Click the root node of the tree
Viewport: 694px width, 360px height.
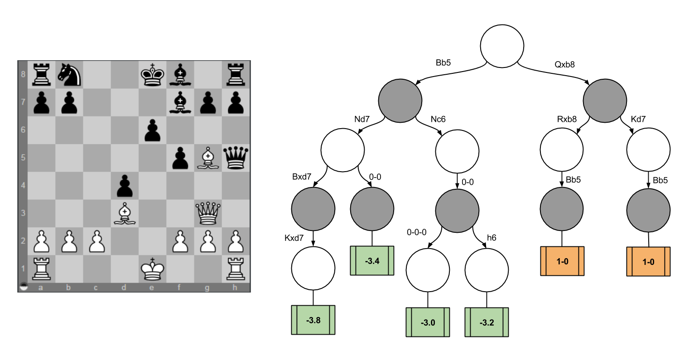(502, 46)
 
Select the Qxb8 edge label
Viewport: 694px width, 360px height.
(564, 64)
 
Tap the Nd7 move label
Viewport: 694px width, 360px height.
(362, 120)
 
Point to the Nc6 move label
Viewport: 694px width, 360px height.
(438, 120)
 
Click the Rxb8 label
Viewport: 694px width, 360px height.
(567, 120)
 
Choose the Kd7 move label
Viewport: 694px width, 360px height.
(638, 120)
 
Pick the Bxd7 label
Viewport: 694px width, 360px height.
(302, 177)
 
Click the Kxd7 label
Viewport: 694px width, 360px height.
(294, 238)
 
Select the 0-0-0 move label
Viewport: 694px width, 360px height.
(417, 232)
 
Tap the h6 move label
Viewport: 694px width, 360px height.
(492, 237)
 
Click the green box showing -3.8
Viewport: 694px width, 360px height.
(313, 320)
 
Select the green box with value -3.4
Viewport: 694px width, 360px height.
(372, 260)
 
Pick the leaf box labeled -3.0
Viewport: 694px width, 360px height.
(428, 322)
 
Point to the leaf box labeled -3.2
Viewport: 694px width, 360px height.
(487, 322)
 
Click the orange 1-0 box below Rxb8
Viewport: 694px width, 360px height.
(562, 261)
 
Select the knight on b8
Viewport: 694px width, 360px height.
(68, 74)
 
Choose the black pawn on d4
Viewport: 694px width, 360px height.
(124, 185)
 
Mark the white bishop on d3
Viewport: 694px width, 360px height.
(124, 213)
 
